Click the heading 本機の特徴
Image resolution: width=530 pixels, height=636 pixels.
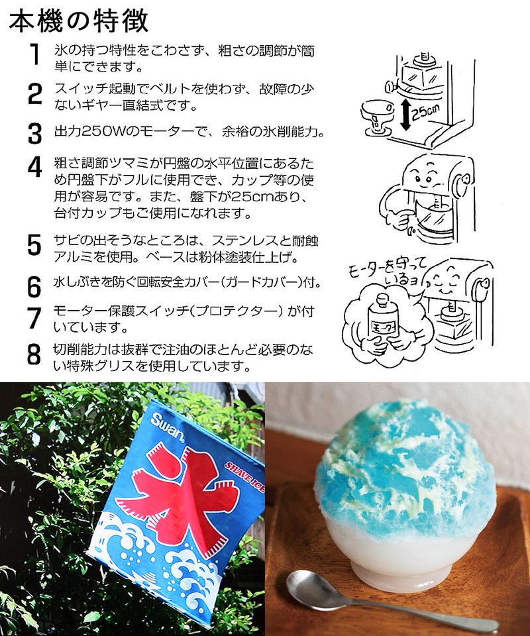(x=79, y=21)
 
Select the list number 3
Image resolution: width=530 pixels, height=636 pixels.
(x=34, y=132)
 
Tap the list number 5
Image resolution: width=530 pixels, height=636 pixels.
(x=34, y=245)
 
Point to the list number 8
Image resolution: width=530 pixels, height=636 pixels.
(x=34, y=354)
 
